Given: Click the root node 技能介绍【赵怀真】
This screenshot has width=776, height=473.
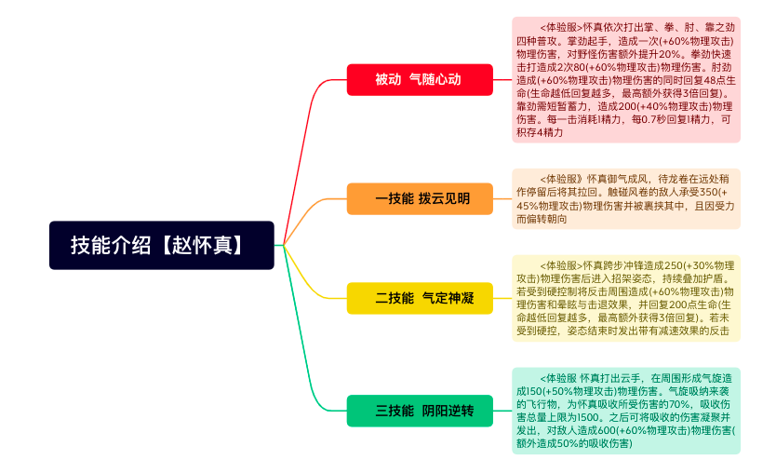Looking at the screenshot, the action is (162, 245).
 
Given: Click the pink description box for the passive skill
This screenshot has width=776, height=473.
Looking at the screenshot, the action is (625, 79).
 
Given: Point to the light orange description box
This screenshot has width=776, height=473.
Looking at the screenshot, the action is (625, 198).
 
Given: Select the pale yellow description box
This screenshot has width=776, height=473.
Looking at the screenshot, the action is (625, 298).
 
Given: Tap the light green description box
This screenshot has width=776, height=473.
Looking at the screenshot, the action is (625, 411).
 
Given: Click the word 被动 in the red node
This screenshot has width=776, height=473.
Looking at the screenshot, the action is (388, 79).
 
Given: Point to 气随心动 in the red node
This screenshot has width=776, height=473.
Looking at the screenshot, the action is (435, 79).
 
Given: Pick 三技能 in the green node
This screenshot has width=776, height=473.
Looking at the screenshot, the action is (395, 411).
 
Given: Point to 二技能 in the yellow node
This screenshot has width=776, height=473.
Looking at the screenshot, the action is (395, 298).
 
